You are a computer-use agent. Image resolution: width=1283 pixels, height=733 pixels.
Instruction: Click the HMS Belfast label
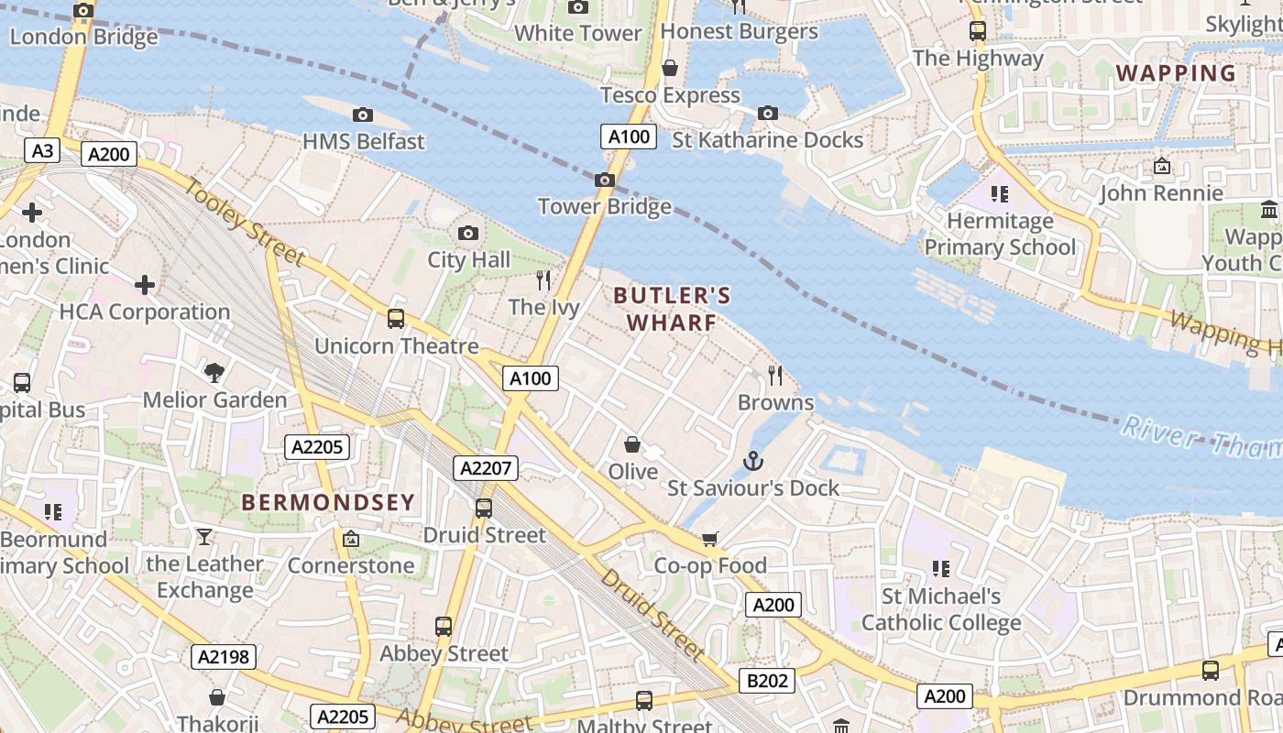point(364,141)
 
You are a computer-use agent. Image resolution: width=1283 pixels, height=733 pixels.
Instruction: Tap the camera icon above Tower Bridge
point(605,180)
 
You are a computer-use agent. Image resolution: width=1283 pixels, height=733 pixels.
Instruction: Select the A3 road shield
point(42,151)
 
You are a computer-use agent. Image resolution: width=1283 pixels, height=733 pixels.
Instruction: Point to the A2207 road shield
point(486,468)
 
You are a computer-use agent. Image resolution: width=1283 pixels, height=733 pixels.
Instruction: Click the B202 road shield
point(766,681)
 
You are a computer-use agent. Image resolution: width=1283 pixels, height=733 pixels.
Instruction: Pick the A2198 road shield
point(224,656)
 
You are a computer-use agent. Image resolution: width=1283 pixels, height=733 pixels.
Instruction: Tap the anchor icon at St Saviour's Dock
point(753,461)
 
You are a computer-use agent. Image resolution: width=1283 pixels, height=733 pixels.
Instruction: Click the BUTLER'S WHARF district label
point(672,309)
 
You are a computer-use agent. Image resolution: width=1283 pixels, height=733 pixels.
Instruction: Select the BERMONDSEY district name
point(328,502)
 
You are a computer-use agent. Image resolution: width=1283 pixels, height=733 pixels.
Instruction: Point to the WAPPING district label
point(1176,72)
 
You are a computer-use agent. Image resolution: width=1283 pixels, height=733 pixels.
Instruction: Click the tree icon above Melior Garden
point(214,372)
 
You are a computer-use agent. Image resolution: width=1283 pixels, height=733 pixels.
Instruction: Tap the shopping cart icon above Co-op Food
point(710,539)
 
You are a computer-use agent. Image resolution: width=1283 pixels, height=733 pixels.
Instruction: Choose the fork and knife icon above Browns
point(775,376)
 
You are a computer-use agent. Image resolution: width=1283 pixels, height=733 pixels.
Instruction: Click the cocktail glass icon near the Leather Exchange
point(203,536)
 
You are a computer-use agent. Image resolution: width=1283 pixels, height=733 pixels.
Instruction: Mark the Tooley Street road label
point(245,222)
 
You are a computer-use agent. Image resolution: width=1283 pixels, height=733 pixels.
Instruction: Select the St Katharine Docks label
point(767,140)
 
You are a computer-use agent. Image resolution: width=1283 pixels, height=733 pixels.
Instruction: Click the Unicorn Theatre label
point(396,345)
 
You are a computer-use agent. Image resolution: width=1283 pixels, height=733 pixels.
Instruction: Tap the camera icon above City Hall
point(468,234)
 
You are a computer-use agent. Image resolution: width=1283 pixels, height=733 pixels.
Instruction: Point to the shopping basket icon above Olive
point(632,445)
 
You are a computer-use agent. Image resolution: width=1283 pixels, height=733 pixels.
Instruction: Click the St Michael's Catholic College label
point(940,609)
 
